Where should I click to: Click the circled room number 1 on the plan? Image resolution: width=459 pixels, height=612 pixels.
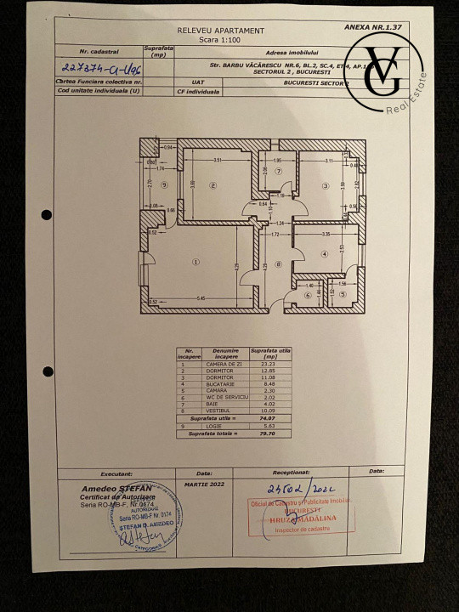(x=195, y=262)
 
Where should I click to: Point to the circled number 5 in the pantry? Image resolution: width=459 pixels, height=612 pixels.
(x=342, y=295)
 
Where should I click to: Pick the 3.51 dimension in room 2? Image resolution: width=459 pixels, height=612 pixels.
(x=217, y=160)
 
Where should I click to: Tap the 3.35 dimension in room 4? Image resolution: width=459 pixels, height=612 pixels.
(x=325, y=233)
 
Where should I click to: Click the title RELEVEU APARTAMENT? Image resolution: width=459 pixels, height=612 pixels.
(x=210, y=30)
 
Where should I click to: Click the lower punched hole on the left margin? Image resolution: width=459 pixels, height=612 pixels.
(x=47, y=370)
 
